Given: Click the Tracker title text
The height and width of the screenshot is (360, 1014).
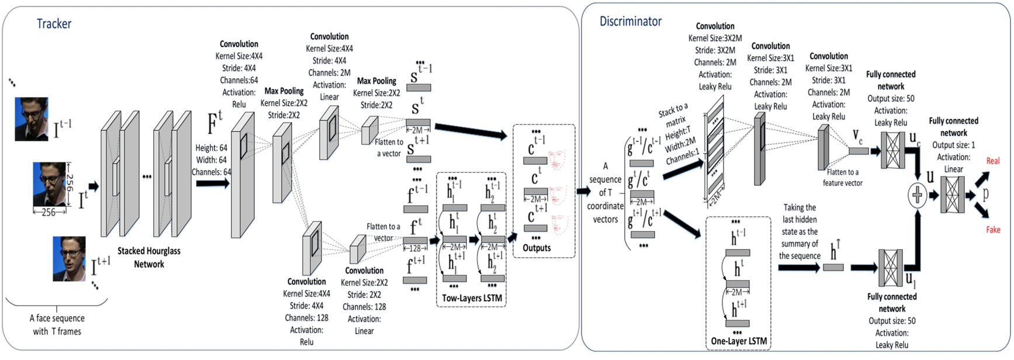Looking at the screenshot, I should (54, 24).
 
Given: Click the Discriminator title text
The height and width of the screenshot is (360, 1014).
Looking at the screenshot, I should (630, 22).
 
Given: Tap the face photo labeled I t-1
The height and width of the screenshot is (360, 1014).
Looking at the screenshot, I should (31, 119).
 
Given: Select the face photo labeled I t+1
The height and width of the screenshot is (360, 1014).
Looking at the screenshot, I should (69, 258).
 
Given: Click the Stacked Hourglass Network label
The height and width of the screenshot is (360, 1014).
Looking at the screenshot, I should (149, 258).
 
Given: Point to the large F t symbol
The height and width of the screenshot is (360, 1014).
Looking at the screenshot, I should (215, 123).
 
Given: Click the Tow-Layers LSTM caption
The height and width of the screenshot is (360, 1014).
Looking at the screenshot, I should (471, 298).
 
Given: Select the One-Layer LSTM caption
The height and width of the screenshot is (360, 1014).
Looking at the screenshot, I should (739, 341).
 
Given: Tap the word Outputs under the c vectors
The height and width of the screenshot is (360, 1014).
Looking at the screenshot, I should (537, 248).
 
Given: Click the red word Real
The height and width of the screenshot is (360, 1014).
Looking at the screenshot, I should (993, 161).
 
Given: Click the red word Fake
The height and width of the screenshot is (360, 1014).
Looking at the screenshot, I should (993, 230).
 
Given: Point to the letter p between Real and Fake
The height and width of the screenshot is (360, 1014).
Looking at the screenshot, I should (985, 195).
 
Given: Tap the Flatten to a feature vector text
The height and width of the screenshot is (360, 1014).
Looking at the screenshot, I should (842, 178).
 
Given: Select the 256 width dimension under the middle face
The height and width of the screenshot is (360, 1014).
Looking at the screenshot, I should (48, 213).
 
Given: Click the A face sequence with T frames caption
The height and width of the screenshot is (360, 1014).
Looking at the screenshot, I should (57, 325).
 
